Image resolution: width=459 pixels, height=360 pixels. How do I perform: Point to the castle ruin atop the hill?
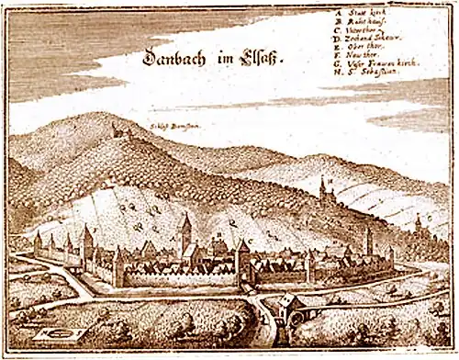pos(118,130)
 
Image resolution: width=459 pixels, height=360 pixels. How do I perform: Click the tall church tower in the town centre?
pos(185,230)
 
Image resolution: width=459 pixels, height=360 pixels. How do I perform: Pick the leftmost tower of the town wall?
pos(38,243)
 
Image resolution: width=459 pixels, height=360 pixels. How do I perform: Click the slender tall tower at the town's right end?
pos(369,241)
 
